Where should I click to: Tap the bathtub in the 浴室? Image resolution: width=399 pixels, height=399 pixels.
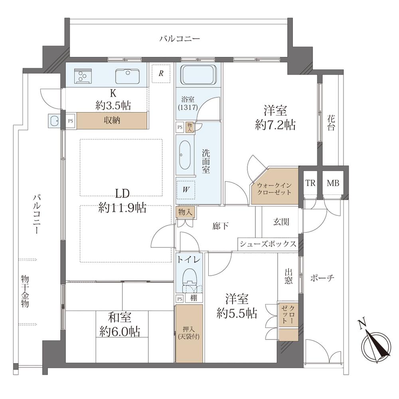[199, 75]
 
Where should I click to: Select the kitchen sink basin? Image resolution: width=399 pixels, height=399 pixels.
[127, 75]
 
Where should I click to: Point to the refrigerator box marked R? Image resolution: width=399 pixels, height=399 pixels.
[161, 73]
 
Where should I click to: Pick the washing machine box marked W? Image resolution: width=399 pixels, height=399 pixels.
[186, 190]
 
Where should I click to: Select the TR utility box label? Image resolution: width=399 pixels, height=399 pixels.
[310, 183]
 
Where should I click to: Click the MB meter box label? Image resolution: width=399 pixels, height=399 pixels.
[333, 183]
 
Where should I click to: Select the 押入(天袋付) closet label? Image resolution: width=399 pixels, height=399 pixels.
[189, 333]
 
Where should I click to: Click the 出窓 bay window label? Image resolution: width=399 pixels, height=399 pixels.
[289, 277]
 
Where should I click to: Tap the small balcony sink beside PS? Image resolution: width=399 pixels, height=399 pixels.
[54, 120]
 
